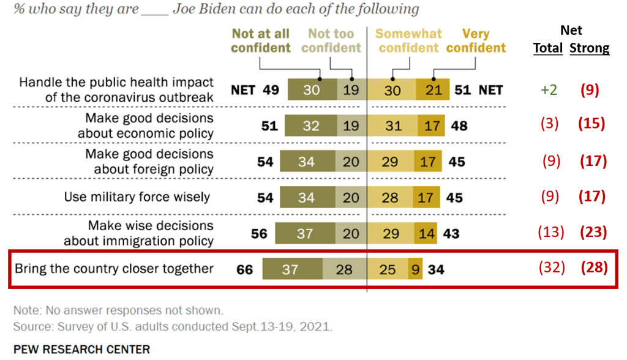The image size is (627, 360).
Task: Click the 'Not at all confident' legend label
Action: (x=260, y=40)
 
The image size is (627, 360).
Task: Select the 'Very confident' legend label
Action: (x=476, y=40)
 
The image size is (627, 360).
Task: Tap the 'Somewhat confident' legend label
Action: (x=408, y=40)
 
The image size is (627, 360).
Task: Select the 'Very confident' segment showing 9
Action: (x=415, y=268)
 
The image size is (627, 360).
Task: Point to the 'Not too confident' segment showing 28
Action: (x=344, y=268)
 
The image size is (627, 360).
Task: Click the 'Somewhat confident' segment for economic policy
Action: (x=392, y=126)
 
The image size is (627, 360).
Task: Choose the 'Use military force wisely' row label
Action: (x=137, y=197)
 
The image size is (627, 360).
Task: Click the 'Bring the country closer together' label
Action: (x=114, y=268)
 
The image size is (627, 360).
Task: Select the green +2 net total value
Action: (x=548, y=90)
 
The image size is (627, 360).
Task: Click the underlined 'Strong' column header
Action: (x=590, y=48)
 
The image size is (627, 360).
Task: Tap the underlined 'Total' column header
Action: (x=548, y=48)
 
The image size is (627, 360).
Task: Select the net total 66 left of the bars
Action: (x=245, y=268)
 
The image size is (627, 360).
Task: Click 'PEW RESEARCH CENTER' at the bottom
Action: (x=81, y=350)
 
